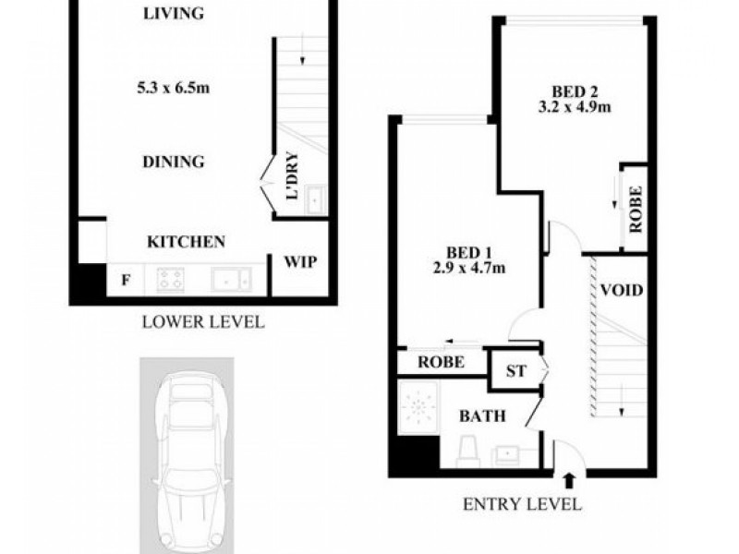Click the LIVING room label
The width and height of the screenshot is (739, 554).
(174, 13)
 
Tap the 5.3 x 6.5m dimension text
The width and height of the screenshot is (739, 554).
(173, 88)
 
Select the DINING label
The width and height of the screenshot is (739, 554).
(174, 162)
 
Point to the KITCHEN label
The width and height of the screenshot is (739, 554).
(187, 242)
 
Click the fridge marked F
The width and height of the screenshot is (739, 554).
(126, 281)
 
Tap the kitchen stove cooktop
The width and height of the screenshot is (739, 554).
(170, 279)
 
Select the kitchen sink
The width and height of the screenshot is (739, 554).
(232, 280)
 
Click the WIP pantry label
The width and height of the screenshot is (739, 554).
(300, 261)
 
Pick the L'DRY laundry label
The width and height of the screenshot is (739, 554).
(292, 175)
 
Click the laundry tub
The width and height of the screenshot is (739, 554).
(315, 199)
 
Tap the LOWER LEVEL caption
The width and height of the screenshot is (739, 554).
(203, 322)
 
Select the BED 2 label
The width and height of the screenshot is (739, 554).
(575, 90)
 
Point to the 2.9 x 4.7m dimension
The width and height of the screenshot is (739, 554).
(469, 268)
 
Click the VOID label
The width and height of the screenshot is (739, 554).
(622, 290)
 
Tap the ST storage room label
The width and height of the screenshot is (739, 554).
(515, 371)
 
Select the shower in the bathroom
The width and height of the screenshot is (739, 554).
(418, 408)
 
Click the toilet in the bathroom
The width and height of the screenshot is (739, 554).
(468, 452)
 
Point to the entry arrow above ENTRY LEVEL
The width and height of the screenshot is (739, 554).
(569, 481)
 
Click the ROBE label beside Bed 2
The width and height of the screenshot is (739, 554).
(636, 210)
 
